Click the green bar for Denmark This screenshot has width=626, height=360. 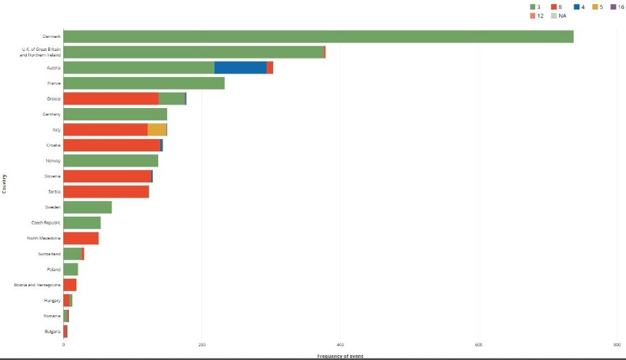(x=318, y=36)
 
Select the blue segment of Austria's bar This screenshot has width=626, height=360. (x=240, y=67)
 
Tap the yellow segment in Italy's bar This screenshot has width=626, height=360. (x=157, y=129)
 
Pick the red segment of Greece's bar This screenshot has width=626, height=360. (x=111, y=98)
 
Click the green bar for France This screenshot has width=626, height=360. (x=144, y=83)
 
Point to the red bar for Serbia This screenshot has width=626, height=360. (x=106, y=191)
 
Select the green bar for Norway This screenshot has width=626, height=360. (x=111, y=160)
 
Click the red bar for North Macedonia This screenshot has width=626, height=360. (x=81, y=238)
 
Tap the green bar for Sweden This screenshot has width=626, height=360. (x=87, y=207)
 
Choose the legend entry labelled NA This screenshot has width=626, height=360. (x=558, y=15)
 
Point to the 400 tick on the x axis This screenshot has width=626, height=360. (x=340, y=345)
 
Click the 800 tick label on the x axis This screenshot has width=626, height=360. (x=616, y=345)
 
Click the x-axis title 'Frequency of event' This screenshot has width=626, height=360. (x=340, y=356)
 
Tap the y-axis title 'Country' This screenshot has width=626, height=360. (x=4, y=183)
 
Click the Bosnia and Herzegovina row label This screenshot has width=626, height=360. (x=37, y=285)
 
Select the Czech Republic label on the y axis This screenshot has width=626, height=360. (x=46, y=222)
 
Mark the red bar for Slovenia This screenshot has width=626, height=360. (x=107, y=176)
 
